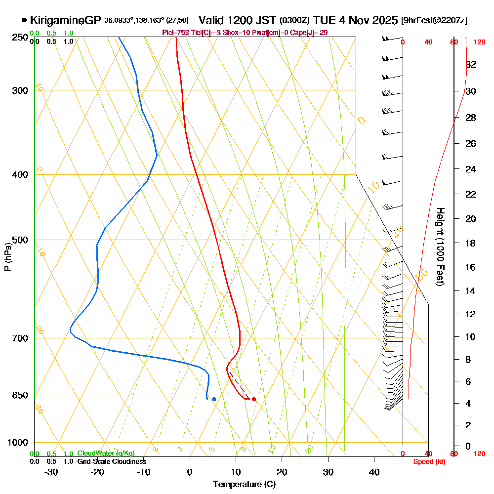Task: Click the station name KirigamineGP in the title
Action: tap(65, 21)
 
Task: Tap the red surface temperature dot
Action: tap(253, 399)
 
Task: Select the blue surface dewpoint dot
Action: tap(213, 399)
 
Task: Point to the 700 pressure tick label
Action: tap(19, 338)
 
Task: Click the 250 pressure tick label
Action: tap(19, 38)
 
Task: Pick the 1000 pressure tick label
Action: tap(17, 443)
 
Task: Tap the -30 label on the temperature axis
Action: tap(51, 472)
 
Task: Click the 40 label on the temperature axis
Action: tap(374, 472)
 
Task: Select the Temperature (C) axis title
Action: tap(244, 484)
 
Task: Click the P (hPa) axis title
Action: tap(7, 257)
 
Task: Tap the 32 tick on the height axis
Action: tap(471, 64)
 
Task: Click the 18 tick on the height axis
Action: tap(471, 243)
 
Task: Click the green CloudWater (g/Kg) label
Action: tap(106, 453)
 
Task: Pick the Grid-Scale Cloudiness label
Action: tap(112, 461)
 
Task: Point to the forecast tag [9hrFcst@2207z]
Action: tap(434, 21)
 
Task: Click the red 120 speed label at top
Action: tap(479, 42)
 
